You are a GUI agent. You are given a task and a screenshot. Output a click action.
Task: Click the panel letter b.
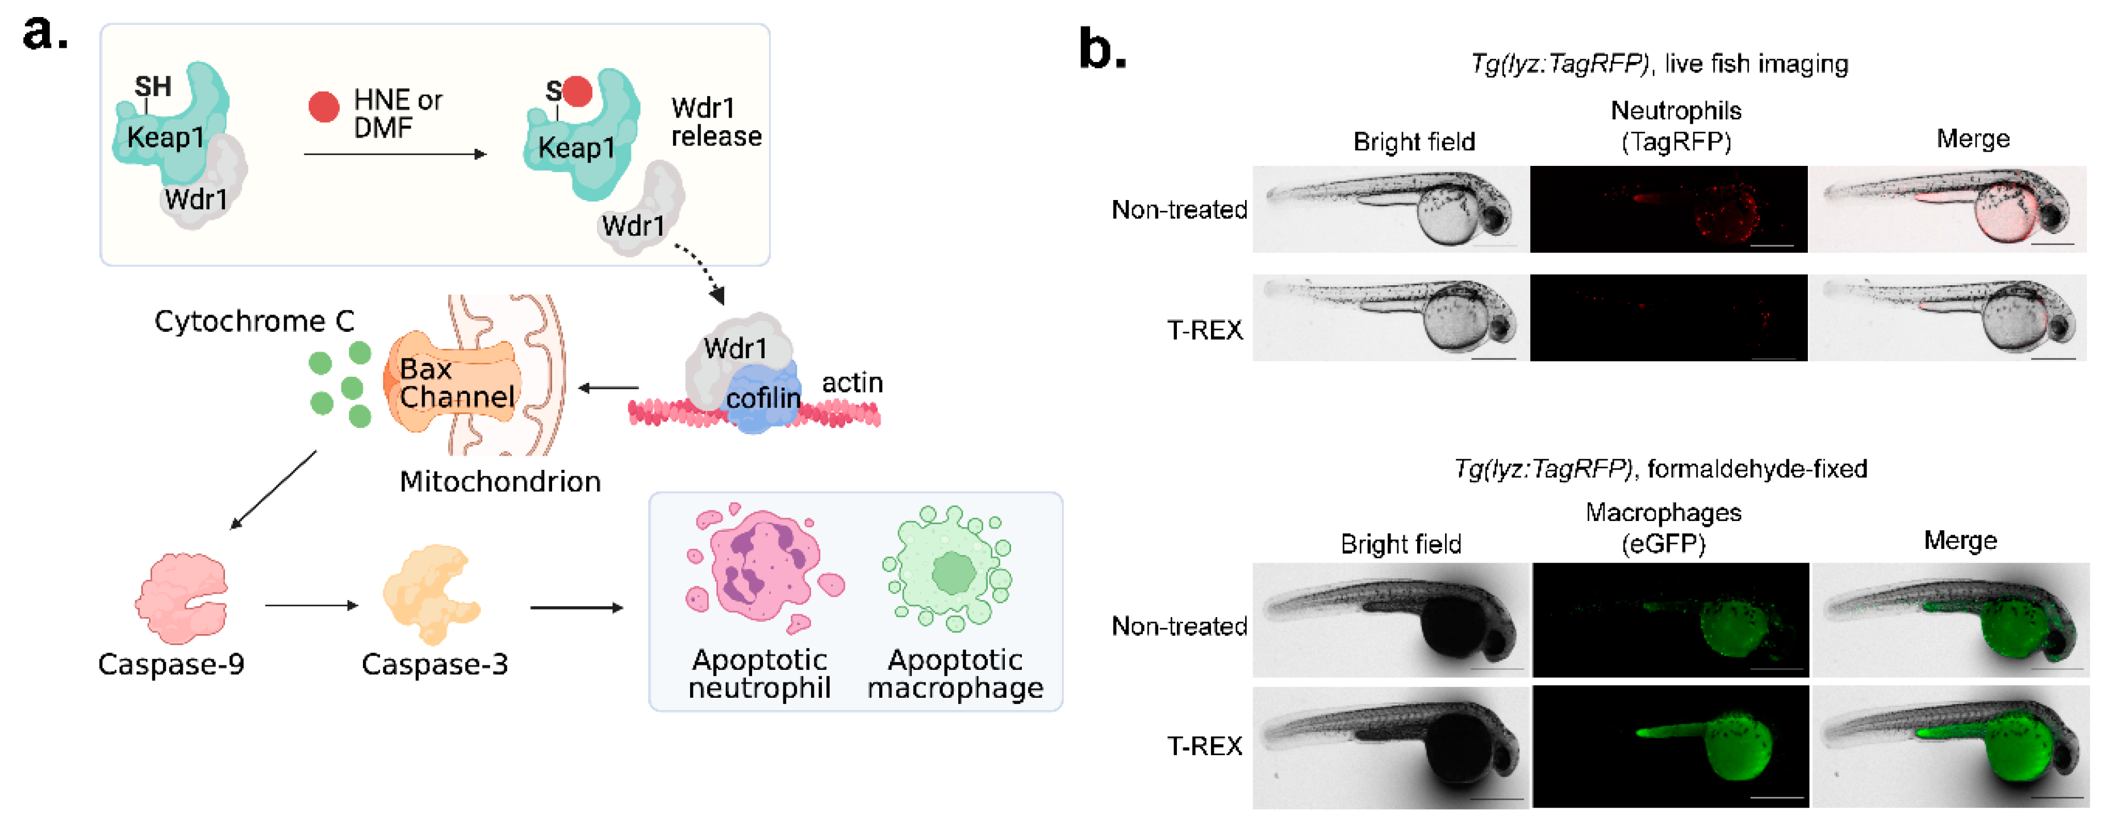1101,49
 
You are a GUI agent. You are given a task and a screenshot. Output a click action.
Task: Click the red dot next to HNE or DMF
323,107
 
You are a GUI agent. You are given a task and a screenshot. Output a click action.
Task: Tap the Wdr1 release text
715,122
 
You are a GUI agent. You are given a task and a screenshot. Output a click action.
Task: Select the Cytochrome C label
254,321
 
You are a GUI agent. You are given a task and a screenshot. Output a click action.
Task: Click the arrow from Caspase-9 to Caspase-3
312,606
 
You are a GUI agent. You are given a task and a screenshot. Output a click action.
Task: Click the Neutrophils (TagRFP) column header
1675,126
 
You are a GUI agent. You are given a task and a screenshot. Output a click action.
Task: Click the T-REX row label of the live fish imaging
1204,330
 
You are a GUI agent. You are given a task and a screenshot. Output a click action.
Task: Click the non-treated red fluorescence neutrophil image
1668,209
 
